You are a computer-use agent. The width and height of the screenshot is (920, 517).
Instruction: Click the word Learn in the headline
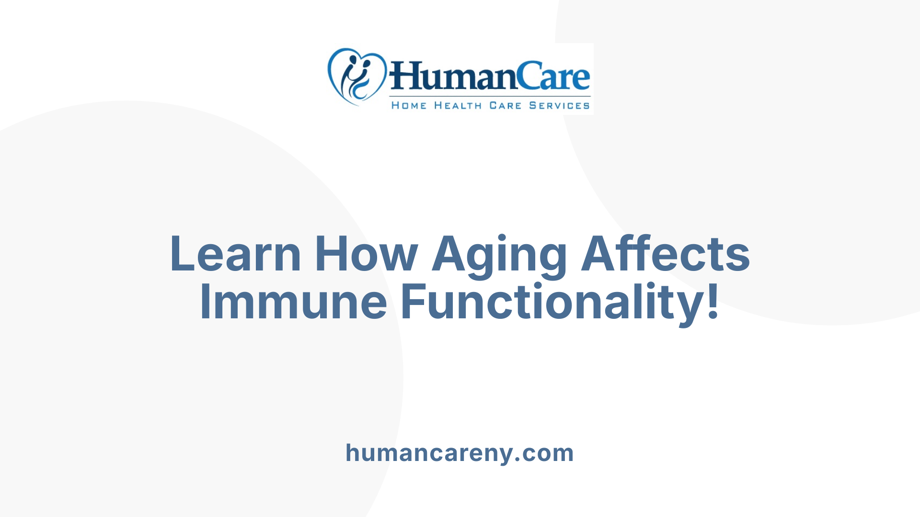point(235,254)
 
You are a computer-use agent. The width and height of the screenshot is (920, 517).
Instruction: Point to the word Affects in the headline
point(666,254)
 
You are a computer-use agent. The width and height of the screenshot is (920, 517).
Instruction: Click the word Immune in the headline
point(293,302)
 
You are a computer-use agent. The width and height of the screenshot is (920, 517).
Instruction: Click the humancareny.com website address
point(460,453)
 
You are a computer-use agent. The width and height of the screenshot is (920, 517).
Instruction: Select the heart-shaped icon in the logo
point(356,76)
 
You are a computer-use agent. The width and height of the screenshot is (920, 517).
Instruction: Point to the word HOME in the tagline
point(409,106)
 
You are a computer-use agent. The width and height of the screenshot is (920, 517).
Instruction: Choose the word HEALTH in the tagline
point(458,106)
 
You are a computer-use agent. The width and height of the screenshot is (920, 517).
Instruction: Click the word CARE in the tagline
point(505,106)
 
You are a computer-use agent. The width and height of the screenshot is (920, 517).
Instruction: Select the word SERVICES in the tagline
point(559,106)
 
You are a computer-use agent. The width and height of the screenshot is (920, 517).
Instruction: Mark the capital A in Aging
point(449,254)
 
